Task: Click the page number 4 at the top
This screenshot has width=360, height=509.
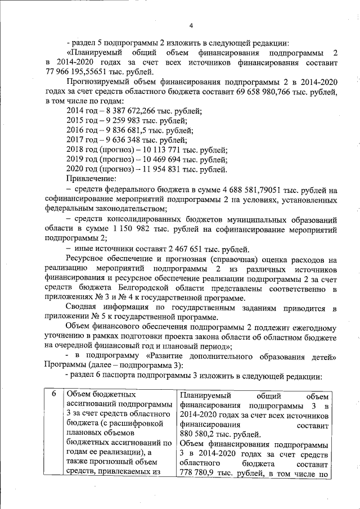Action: click(191, 25)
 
